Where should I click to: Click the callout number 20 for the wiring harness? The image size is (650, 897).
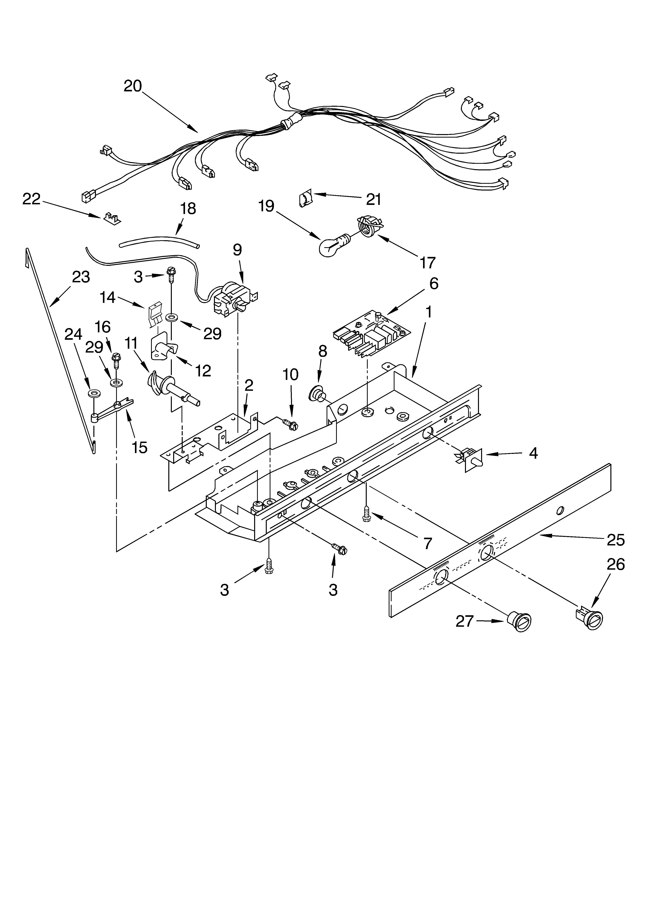pyautogui.click(x=133, y=86)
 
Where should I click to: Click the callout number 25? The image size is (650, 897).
pyautogui.click(x=616, y=539)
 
